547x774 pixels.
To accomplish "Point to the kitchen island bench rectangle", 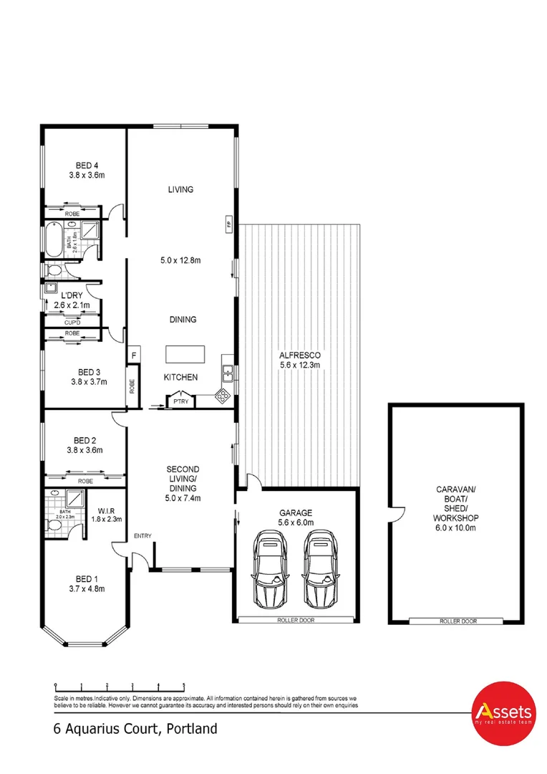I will tap(185, 355).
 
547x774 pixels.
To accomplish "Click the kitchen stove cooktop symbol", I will tap(223, 395).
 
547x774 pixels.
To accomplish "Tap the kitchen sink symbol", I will tap(227, 372).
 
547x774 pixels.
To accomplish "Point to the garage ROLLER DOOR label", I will tap(296, 620).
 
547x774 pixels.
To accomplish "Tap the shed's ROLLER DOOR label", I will tap(458, 621).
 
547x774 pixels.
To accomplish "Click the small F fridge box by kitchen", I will tap(133, 355).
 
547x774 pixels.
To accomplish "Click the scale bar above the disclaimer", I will tap(120, 684).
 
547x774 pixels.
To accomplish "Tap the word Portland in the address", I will tap(191, 730).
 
